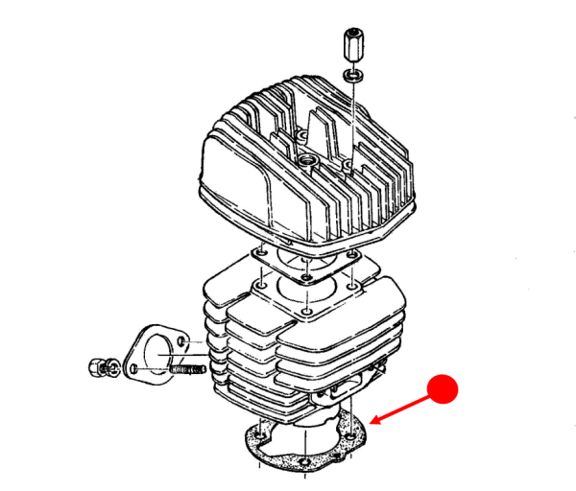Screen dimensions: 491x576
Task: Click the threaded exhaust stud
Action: click(187, 367)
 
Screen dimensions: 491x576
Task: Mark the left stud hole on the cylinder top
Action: click(258, 286)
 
